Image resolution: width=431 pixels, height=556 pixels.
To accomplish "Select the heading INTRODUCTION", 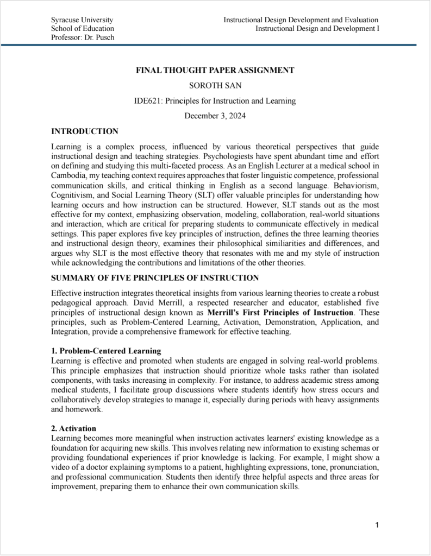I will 84,131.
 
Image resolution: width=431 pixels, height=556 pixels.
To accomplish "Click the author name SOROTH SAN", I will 215,85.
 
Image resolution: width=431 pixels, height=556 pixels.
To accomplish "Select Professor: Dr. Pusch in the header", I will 83,37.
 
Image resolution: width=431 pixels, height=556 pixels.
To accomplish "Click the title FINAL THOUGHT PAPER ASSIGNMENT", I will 215,70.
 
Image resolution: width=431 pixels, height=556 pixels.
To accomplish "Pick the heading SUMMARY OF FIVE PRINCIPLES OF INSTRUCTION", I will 155,278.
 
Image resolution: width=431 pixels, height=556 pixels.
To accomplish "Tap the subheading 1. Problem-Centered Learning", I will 106,351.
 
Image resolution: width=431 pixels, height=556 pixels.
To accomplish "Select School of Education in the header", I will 83,28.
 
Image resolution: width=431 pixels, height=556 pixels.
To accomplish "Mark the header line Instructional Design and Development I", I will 317,28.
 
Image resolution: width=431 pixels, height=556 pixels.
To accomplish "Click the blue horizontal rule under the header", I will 215,45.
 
